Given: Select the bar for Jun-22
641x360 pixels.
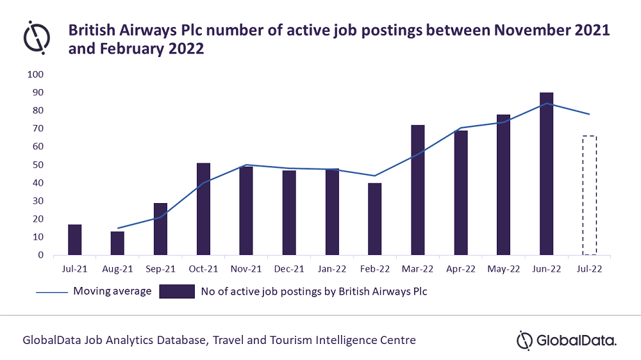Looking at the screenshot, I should pos(546,174).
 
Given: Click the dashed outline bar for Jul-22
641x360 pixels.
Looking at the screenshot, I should pos(589,195).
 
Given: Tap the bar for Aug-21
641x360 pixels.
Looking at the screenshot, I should pos(117,243).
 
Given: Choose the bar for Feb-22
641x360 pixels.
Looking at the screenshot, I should pos(375,218).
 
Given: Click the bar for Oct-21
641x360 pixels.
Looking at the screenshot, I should pos(203,209).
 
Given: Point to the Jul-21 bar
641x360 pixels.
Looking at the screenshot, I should pos(74,240).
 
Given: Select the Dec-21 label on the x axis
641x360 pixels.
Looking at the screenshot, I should pos(289,270).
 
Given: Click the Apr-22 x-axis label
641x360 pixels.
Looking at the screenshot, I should pos(461,270).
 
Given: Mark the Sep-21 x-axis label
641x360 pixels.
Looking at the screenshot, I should pos(160,270).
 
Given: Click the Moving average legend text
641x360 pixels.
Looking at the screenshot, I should pos(112,291).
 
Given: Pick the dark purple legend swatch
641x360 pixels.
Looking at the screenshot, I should pos(176,291).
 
